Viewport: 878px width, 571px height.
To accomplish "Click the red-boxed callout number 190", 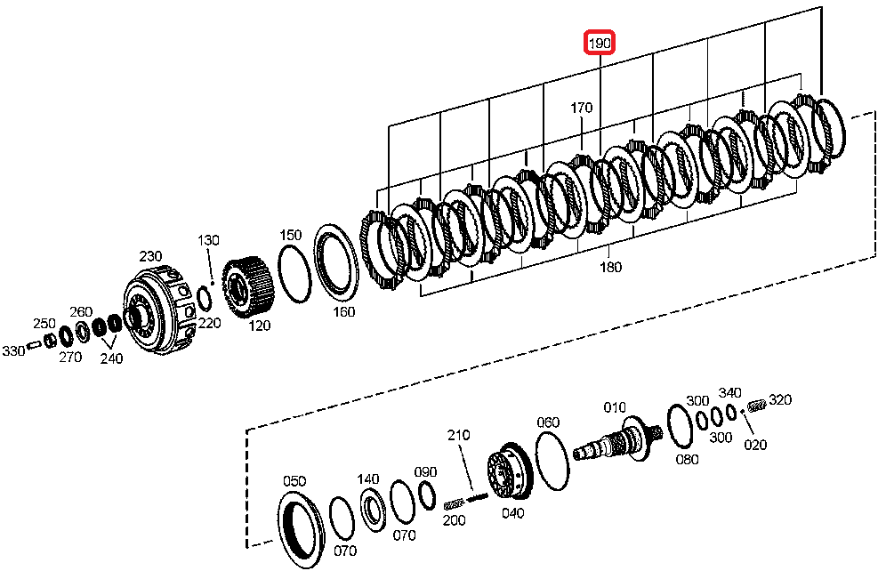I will [x=600, y=43].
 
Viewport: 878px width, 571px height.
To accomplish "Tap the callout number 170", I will [x=581, y=108].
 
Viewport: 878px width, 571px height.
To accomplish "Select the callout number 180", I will [x=611, y=266].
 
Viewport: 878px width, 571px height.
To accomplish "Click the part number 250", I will [x=44, y=323].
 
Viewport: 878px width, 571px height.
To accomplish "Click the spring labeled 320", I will [x=758, y=406].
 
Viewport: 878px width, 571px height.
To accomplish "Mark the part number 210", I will [x=458, y=435].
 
